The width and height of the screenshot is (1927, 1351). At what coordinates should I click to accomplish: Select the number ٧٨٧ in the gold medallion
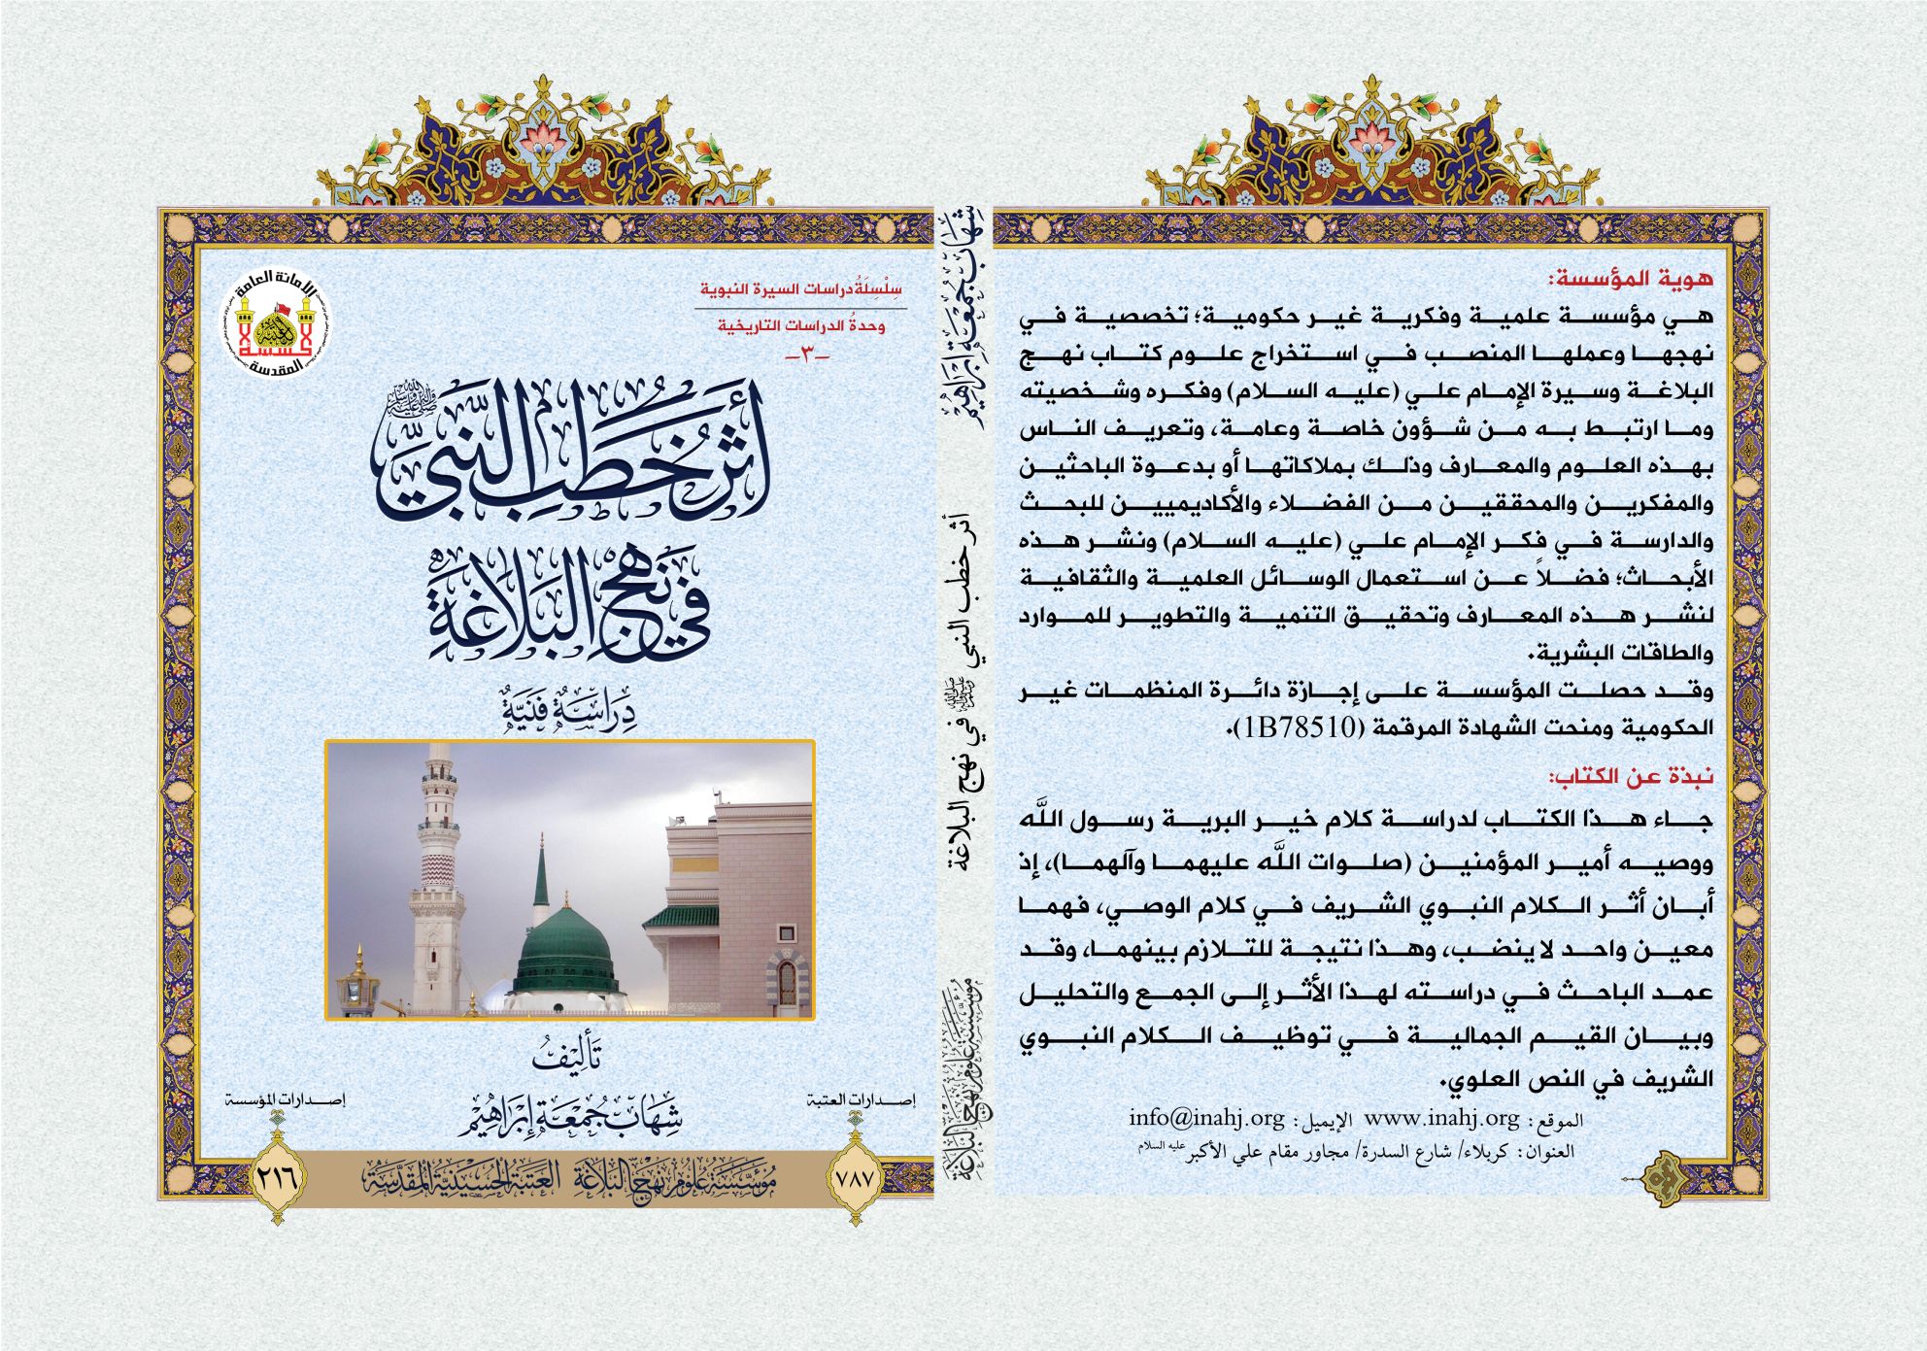click(x=855, y=1178)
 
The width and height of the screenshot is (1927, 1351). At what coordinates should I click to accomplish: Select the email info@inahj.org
click(x=1205, y=1118)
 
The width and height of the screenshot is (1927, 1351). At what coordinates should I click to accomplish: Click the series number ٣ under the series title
click(x=807, y=357)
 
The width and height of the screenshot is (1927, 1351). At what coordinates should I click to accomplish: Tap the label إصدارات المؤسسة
click(x=283, y=1100)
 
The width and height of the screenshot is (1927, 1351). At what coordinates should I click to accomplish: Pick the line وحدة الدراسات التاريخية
click(x=801, y=326)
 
